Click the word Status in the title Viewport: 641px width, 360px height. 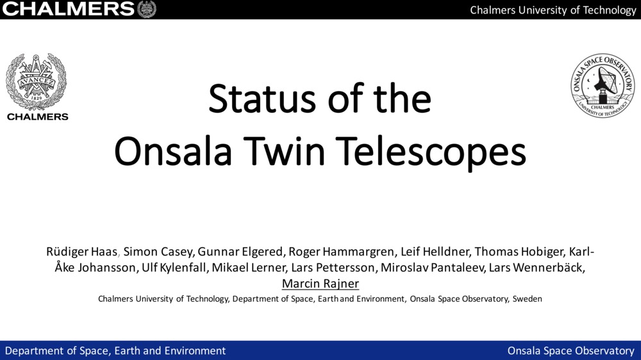tap(262, 99)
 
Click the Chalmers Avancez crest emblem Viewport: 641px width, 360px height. tap(36, 82)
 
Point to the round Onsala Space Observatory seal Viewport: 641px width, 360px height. tap(603, 85)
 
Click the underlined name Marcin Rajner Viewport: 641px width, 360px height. tap(320, 284)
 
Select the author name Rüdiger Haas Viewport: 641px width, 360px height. tap(82, 252)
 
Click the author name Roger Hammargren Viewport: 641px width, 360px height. tap(342, 252)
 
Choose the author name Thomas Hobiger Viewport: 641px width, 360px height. tap(520, 252)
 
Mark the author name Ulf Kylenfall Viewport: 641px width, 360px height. tap(174, 268)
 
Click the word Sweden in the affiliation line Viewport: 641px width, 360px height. tap(528, 299)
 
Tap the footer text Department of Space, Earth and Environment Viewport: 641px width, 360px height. tap(115, 350)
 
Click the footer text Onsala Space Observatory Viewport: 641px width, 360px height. tap(571, 350)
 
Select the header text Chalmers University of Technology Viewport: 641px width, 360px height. tap(553, 10)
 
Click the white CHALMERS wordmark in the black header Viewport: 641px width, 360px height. tap(69, 9)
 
